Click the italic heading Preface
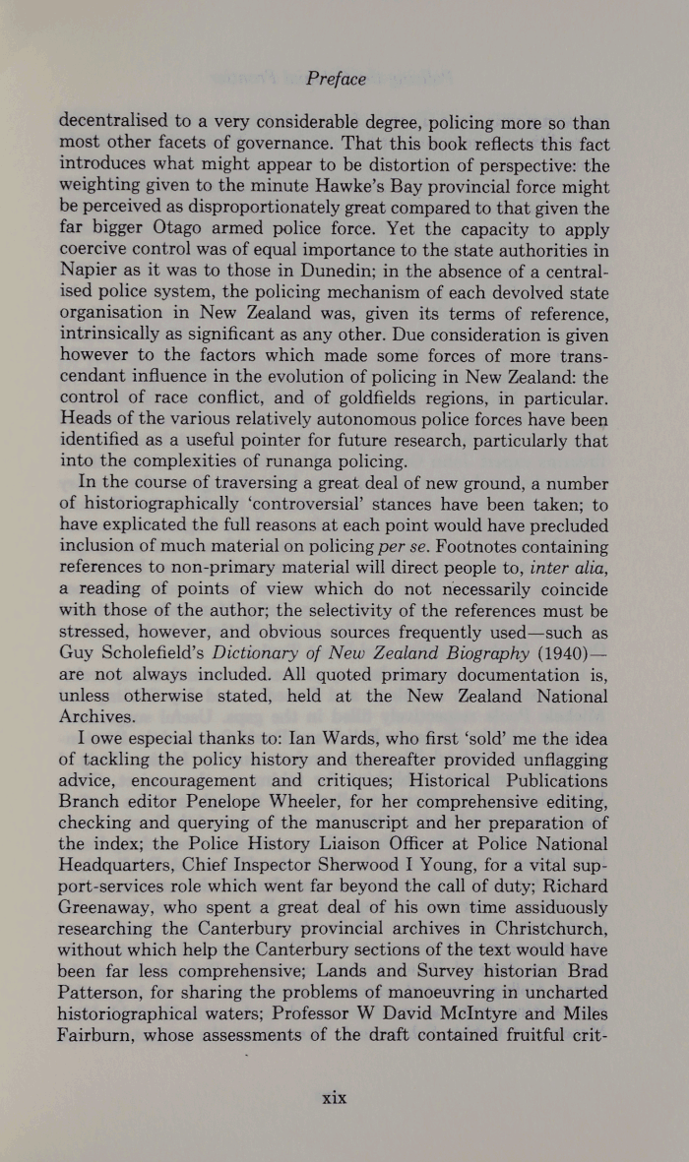coord(336,80)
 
